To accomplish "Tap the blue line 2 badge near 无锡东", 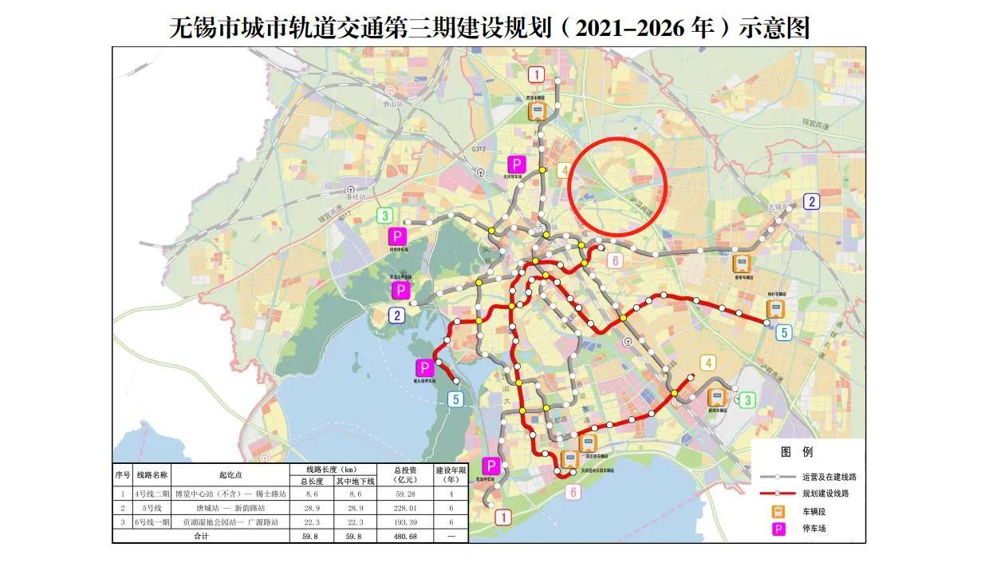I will [811, 201].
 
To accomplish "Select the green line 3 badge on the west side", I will [386, 215].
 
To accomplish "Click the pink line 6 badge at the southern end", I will [573, 492].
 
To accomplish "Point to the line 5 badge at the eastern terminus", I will [785, 333].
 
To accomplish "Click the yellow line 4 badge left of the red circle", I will [563, 170].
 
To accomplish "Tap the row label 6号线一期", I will [144, 522].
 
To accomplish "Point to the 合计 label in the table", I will [200, 537].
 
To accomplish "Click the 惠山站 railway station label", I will [390, 103].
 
